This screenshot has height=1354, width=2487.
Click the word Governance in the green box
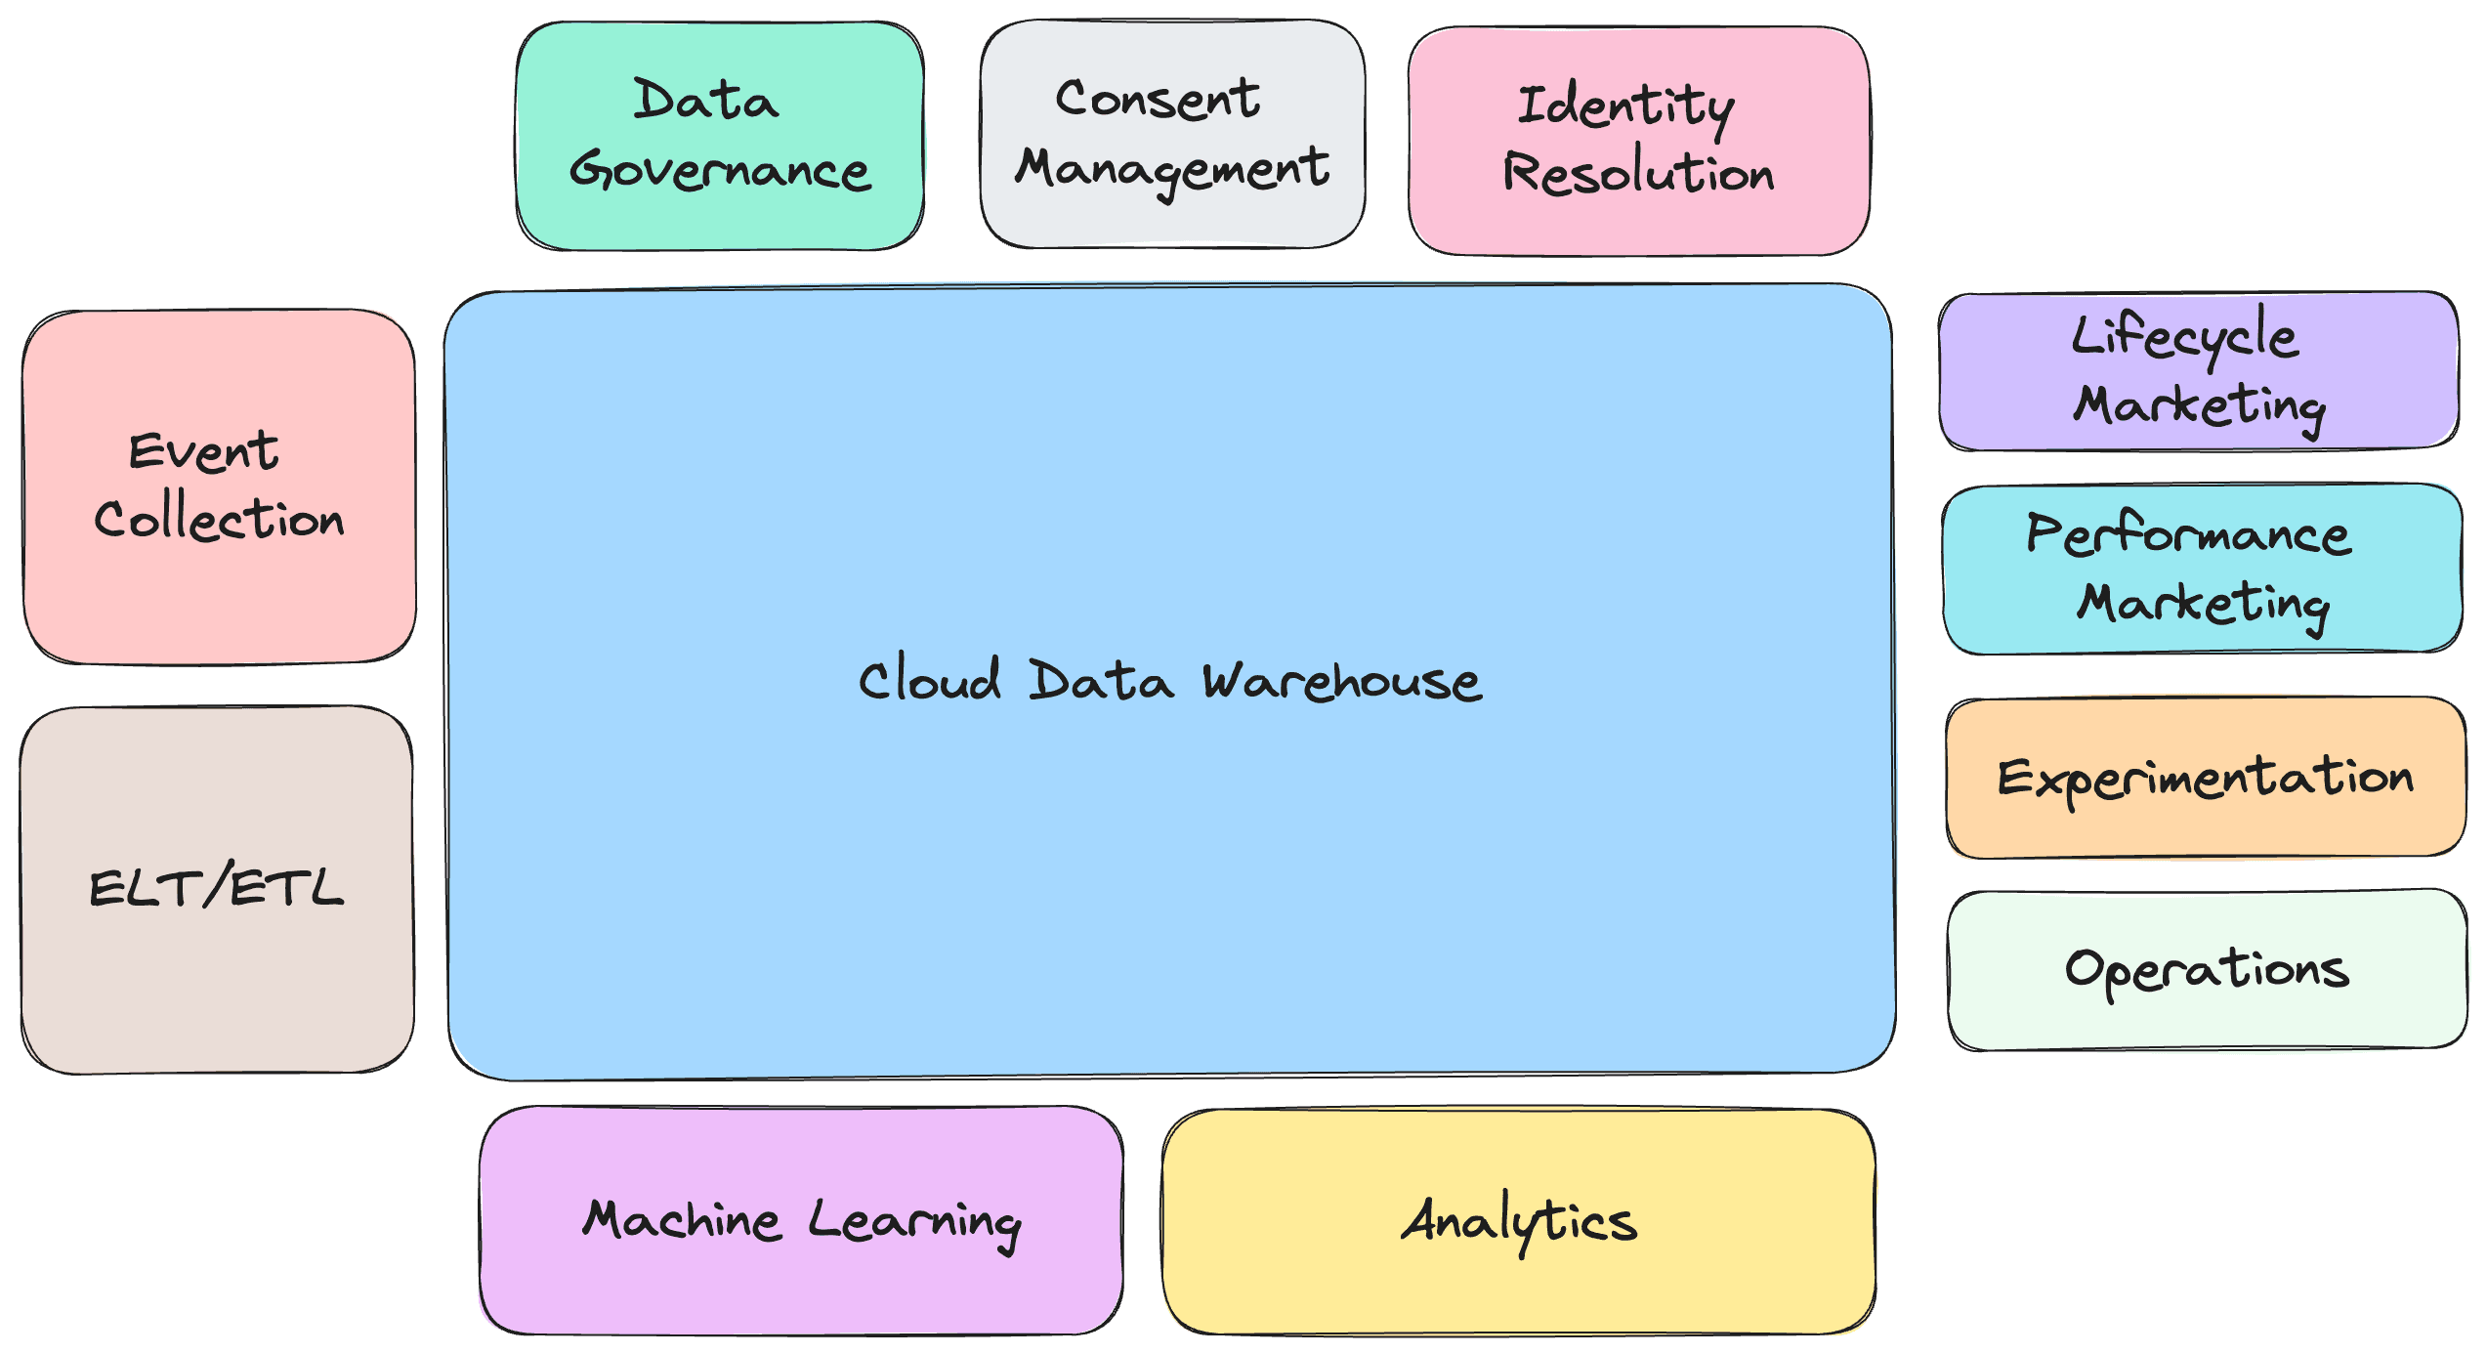click(720, 170)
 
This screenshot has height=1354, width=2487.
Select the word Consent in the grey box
click(1158, 99)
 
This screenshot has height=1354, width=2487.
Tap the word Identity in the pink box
click(1625, 106)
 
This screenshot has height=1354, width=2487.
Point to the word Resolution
click(1638, 173)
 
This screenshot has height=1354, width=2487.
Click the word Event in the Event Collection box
click(204, 451)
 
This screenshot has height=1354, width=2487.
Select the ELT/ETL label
click(216, 888)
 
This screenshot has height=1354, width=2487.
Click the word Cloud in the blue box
click(930, 679)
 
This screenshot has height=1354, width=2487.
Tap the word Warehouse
click(1342, 681)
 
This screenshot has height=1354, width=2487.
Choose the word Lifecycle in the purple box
click(2185, 337)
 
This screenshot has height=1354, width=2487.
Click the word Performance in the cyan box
click(2189, 534)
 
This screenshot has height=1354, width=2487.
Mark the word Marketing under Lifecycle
click(2199, 405)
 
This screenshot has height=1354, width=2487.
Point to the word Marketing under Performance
click(2203, 603)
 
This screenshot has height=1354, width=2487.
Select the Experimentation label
click(2205, 779)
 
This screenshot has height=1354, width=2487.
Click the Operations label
click(2207, 969)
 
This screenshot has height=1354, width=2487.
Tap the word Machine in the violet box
click(682, 1220)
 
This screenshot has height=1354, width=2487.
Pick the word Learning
click(914, 1222)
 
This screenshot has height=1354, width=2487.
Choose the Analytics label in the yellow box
click(1519, 1221)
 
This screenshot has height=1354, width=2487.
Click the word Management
click(1172, 169)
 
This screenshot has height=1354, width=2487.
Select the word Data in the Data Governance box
click(705, 100)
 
